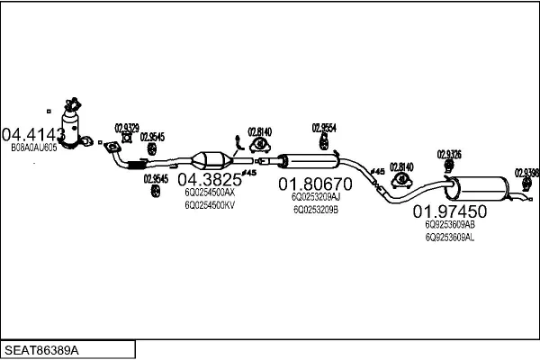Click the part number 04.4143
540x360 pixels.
(33, 134)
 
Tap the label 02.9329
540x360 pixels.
(126, 128)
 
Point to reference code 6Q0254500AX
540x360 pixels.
(210, 192)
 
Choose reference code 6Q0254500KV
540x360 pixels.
(210, 204)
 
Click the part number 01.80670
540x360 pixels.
(316, 183)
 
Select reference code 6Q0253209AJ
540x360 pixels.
(316, 196)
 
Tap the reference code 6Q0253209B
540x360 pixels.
(316, 210)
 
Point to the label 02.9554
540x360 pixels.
(324, 128)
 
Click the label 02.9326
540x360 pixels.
(449, 154)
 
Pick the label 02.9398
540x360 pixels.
(526, 172)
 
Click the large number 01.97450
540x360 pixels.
(449, 212)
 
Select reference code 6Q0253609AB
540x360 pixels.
(449, 225)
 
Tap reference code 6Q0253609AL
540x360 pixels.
(449, 238)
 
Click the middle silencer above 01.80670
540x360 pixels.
(306, 161)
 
